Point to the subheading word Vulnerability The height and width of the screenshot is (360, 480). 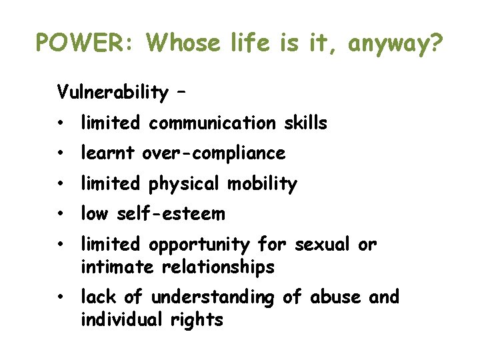click(x=113, y=92)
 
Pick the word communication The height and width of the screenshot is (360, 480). click(x=211, y=123)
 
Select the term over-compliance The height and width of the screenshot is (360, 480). click(x=213, y=154)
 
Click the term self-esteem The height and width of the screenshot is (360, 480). click(x=171, y=214)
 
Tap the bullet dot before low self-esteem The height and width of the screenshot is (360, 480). click(x=61, y=215)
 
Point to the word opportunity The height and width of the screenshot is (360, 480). click(x=199, y=245)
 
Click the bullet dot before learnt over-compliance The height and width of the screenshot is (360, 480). click(x=61, y=154)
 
